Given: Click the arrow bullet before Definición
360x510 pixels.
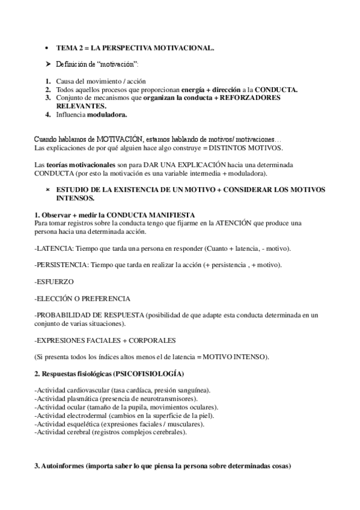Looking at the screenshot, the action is pyautogui.click(x=48, y=63).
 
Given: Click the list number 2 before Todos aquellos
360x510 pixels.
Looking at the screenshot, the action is pyautogui.click(x=47, y=89).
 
